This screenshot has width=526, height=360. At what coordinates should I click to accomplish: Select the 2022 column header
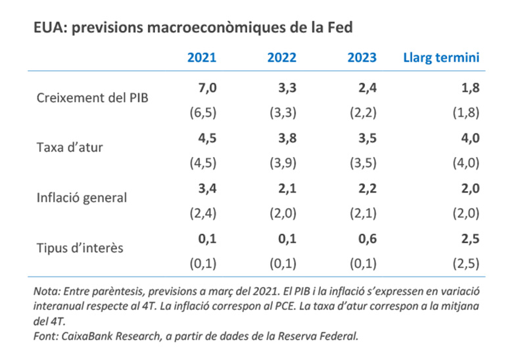tap(281, 58)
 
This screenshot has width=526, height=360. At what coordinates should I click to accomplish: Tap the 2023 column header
tap(362, 58)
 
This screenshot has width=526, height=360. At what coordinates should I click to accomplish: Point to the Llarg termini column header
tap(441, 58)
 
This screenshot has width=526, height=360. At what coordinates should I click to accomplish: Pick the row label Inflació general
tap(82, 197)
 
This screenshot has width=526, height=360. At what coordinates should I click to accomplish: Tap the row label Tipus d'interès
tap(81, 248)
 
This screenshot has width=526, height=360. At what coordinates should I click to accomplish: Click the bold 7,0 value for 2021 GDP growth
tap(206, 87)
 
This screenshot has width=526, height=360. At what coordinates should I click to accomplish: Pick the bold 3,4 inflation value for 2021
tap(206, 189)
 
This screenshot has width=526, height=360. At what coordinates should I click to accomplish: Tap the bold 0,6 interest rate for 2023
tap(366, 240)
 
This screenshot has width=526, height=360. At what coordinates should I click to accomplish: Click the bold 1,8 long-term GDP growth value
tap(469, 87)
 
